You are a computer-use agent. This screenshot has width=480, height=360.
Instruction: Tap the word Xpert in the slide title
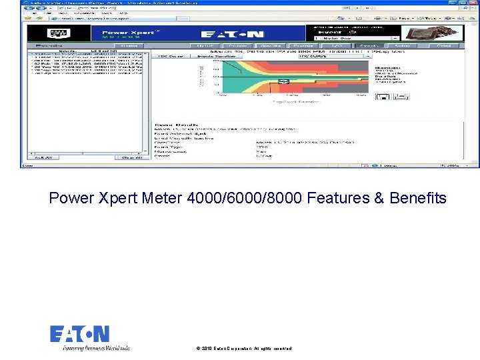coord(119,198)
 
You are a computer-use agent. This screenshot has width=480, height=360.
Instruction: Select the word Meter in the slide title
coord(164,198)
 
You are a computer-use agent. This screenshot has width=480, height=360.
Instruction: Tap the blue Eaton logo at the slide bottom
coord(79,333)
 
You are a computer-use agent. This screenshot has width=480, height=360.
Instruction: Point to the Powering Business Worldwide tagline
coord(96,347)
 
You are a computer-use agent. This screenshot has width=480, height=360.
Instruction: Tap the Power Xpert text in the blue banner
coord(131,32)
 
